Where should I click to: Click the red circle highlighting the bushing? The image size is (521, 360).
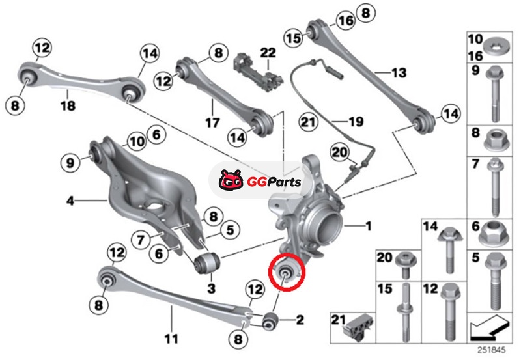287,272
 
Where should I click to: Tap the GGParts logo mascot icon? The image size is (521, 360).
231,180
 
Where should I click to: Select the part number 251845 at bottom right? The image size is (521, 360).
492,350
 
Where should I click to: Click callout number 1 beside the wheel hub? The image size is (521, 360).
368,226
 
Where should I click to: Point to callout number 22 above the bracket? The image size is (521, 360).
268,53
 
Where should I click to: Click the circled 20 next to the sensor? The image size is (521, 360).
339,152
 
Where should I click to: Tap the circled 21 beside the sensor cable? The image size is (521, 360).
307,122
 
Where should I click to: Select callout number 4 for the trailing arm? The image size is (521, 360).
70,201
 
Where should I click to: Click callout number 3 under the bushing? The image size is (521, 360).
211,288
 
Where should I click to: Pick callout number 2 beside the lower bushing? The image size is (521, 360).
300,320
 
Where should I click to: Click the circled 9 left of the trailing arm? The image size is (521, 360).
70,163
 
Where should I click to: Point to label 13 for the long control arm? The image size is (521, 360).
399,72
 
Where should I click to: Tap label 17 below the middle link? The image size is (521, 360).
212,122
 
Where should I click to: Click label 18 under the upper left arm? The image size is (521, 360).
68,106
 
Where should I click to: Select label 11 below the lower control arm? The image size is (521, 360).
171,339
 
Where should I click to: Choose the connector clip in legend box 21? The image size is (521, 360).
360,326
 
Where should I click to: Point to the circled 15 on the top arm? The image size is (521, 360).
294,38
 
